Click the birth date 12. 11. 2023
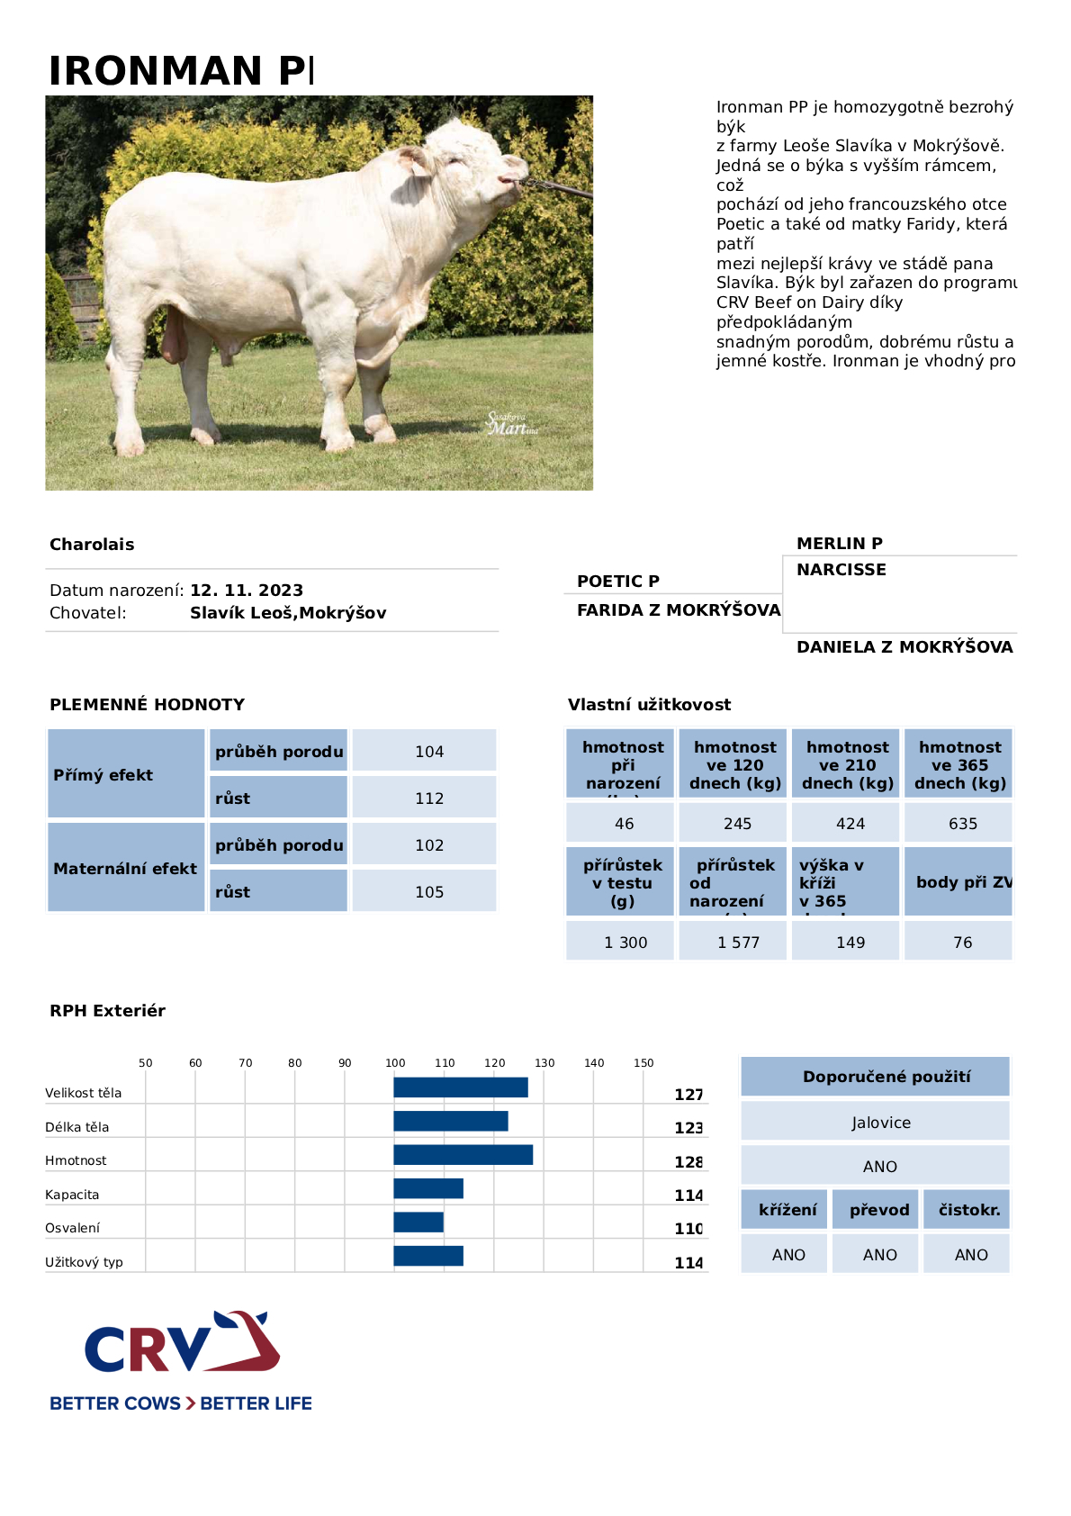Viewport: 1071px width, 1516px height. [x=247, y=591]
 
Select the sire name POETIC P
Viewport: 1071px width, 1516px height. [x=618, y=582]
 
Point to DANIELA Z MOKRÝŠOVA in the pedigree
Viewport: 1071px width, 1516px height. [x=904, y=647]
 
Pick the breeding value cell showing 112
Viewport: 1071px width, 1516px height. [x=429, y=799]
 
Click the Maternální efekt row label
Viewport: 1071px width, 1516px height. [x=125, y=869]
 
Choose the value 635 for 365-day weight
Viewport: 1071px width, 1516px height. [x=962, y=824]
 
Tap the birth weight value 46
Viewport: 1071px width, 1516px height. [x=624, y=824]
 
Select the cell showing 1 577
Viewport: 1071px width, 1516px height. [x=738, y=943]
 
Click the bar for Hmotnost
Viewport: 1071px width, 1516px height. [x=463, y=1155]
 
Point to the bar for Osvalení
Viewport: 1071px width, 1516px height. [x=418, y=1223]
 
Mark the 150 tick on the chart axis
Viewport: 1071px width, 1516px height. [x=643, y=1063]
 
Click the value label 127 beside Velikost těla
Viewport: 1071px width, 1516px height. [x=688, y=1095]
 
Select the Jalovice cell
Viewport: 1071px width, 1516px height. [x=880, y=1123]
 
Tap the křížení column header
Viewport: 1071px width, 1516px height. [x=787, y=1210]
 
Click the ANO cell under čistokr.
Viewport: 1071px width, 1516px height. [x=970, y=1255]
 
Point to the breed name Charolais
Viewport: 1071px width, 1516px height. [x=92, y=545]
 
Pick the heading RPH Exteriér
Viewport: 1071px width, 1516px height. [x=108, y=1011]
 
